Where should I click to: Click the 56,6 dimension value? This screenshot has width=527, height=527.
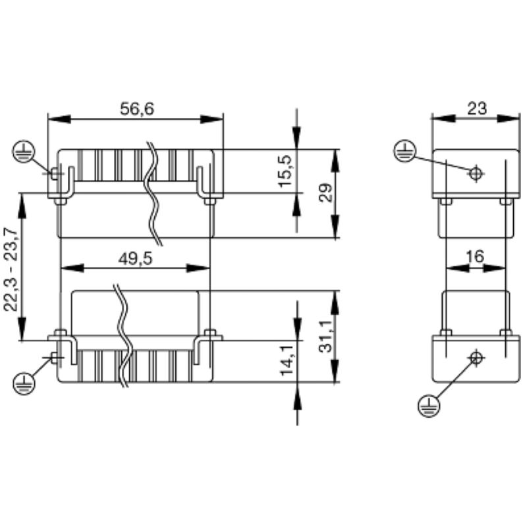137,109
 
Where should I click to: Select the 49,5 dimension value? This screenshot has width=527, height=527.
135,258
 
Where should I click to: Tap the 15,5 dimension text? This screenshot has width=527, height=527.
286,171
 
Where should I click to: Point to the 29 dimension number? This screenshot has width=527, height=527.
325,192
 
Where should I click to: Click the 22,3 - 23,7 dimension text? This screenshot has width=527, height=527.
11,270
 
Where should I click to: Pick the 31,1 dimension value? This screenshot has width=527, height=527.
325,336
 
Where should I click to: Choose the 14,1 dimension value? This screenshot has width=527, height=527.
286,359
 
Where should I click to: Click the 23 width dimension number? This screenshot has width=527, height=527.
476,108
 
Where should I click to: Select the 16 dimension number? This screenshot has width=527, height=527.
474,257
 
